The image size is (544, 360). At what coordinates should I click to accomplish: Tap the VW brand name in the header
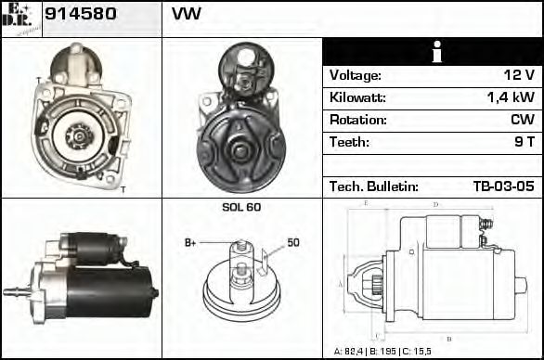click(187, 15)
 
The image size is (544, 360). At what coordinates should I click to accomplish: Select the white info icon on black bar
click(432, 52)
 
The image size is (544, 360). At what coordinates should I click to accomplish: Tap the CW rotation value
click(522, 120)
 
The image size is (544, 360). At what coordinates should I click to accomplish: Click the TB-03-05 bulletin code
click(503, 186)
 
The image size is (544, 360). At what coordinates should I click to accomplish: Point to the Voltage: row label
click(356, 75)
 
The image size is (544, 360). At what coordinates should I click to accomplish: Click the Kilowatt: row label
click(357, 97)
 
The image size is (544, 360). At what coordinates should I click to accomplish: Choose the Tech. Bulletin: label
click(374, 186)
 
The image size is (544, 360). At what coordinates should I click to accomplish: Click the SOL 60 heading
click(241, 207)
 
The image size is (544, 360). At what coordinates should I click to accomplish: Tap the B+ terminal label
click(191, 243)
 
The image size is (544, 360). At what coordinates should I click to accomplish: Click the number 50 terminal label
click(292, 243)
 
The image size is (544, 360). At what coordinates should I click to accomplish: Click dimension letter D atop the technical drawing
click(435, 204)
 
